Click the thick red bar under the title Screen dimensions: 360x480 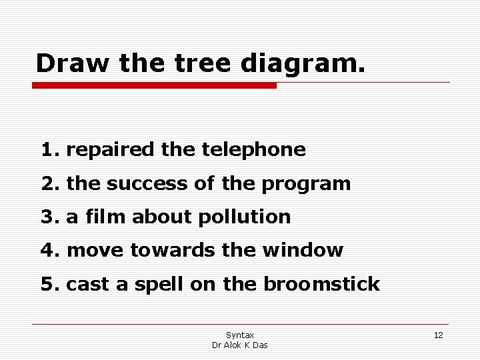click(154, 86)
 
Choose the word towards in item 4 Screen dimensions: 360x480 click(164, 251)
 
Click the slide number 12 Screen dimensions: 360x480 click(438, 335)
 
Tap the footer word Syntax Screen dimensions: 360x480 click(239, 335)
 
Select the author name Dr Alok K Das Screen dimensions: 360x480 click(239, 345)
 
